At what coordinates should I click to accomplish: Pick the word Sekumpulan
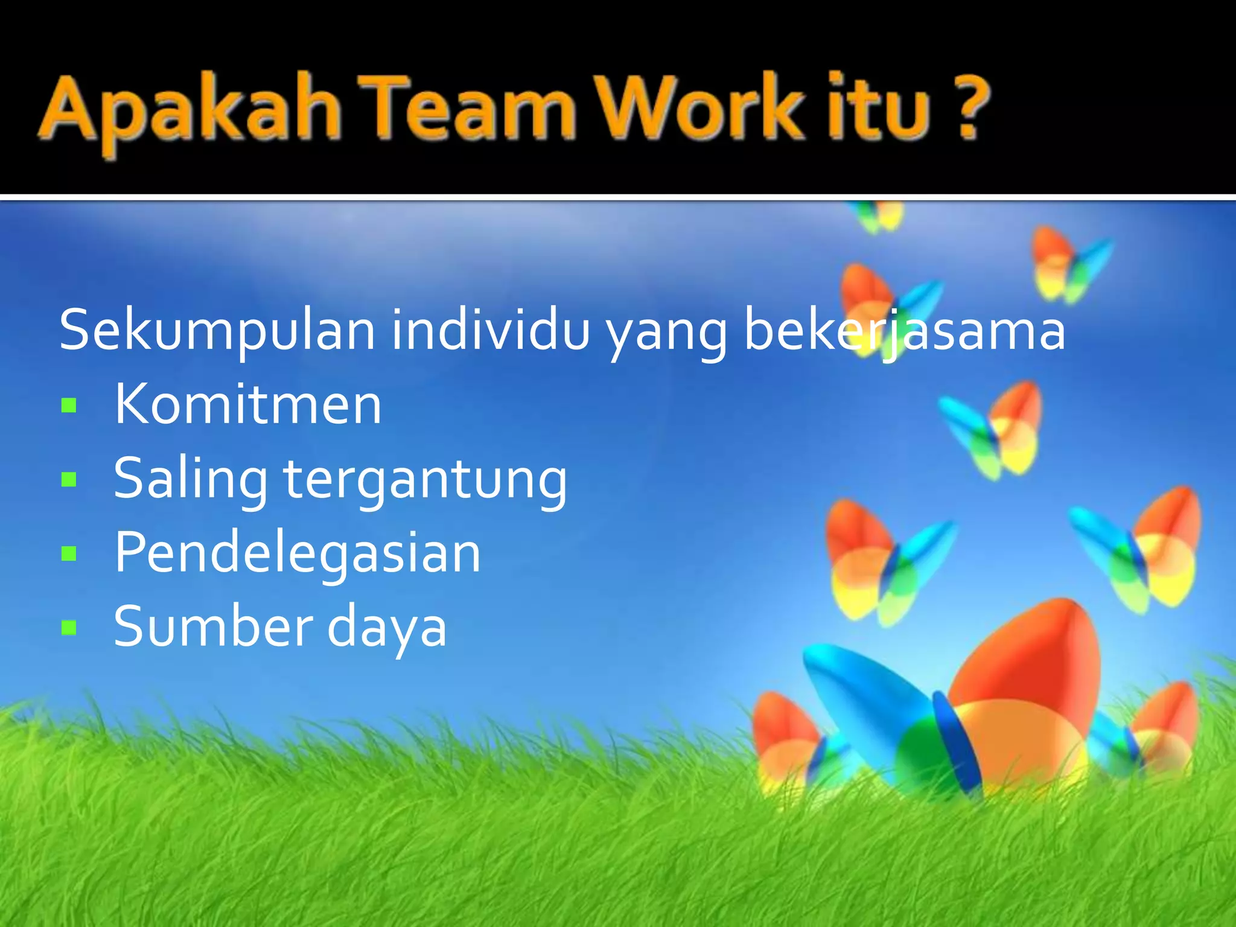pos(217,331)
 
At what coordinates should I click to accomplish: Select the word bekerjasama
pos(905,331)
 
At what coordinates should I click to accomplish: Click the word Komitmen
pos(248,404)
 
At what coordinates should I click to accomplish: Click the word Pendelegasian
pos(298,552)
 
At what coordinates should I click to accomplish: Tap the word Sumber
pos(211,626)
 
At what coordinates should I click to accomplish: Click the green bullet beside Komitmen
pos(69,406)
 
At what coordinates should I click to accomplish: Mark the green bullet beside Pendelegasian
pos(69,553)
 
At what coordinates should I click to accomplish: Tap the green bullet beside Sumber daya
pos(69,628)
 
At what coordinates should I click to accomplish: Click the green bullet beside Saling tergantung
pos(69,480)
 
